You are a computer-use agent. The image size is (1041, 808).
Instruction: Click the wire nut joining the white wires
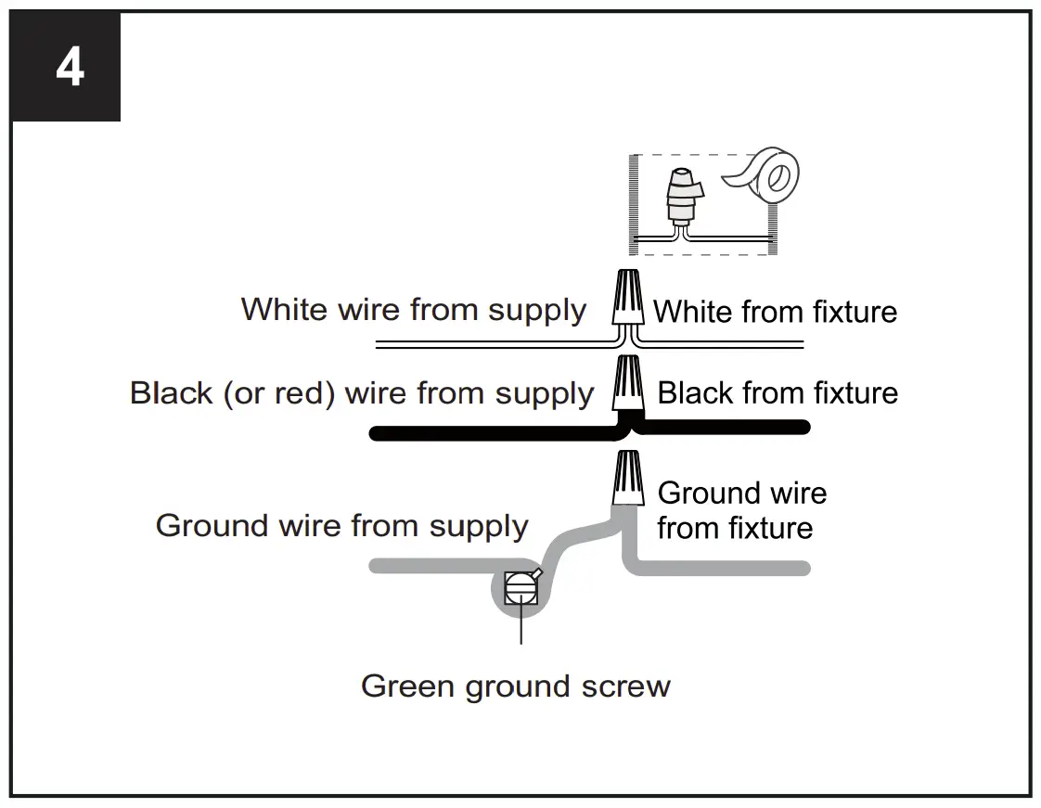[x=627, y=296]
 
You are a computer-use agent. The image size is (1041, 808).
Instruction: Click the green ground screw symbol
[x=520, y=588]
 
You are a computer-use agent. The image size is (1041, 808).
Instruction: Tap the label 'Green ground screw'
[x=515, y=686]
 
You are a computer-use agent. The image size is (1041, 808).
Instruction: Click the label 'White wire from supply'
[x=414, y=309]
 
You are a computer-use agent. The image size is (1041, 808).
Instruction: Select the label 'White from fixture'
[x=776, y=312]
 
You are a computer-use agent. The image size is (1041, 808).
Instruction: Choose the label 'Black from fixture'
[x=778, y=393]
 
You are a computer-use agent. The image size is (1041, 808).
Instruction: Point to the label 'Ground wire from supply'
[x=341, y=526]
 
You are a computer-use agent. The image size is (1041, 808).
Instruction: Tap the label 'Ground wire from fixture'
[x=740, y=510]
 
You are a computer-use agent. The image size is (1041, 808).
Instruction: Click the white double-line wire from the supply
[x=492, y=344]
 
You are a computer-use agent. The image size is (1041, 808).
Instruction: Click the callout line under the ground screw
[x=521, y=627]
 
